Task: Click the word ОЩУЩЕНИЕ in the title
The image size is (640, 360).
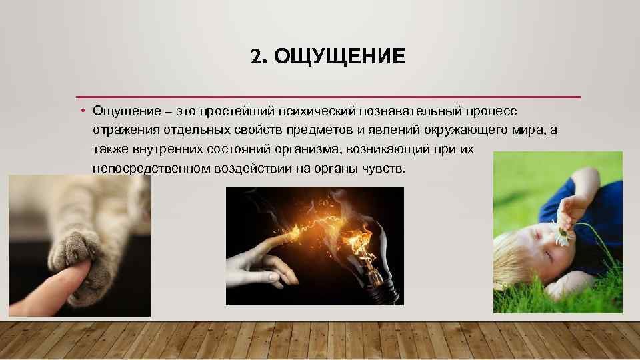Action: [x=339, y=56]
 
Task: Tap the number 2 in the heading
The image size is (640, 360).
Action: [x=256, y=56]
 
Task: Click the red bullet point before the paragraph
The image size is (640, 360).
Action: [x=83, y=110]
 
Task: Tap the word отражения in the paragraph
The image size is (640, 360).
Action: [x=126, y=131]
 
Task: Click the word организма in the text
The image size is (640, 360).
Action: [x=308, y=149]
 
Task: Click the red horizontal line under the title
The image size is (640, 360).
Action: [x=328, y=97]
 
